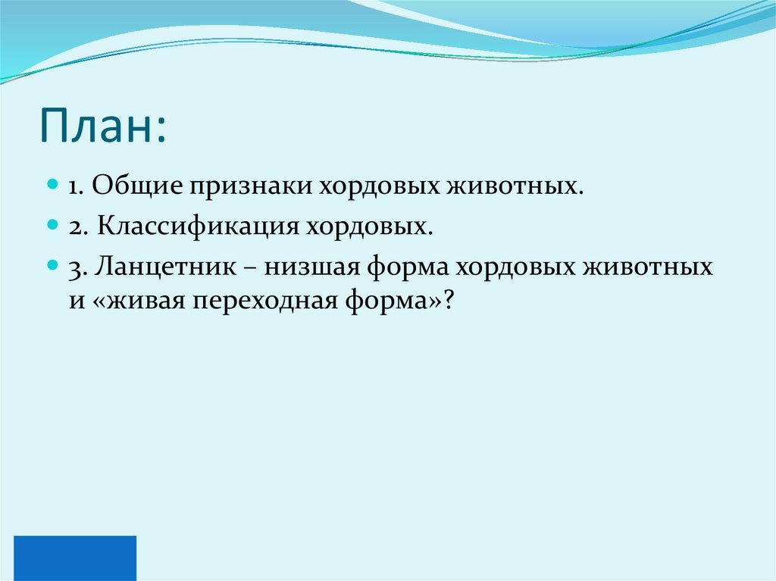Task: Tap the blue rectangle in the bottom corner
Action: point(75,558)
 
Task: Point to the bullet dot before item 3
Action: point(52,267)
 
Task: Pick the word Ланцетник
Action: point(163,268)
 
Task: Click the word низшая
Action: point(315,268)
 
